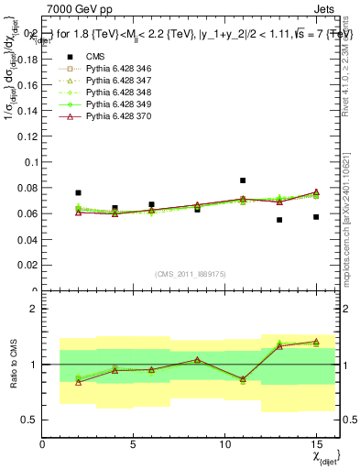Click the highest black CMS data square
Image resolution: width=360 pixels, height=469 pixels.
pos(243,180)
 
